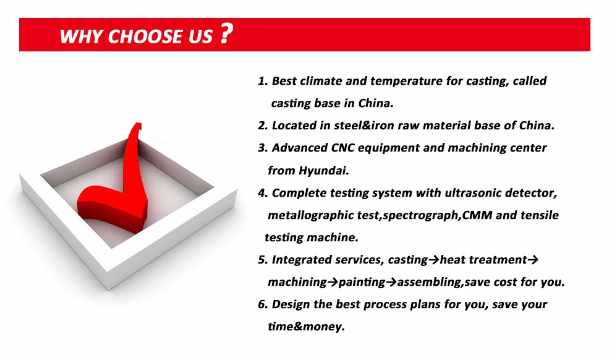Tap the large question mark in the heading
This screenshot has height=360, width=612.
pos(226,33)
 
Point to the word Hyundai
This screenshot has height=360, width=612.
pos(323,171)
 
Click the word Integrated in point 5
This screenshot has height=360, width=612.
pos(302,260)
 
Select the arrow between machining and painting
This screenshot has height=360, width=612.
pos(333,282)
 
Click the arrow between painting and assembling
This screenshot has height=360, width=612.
pos(391,282)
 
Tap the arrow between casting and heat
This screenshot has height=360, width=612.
pos(434,260)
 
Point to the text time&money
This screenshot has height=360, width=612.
pos(307,327)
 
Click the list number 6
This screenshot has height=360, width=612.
pos(263,304)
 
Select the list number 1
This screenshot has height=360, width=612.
pos(262,81)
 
